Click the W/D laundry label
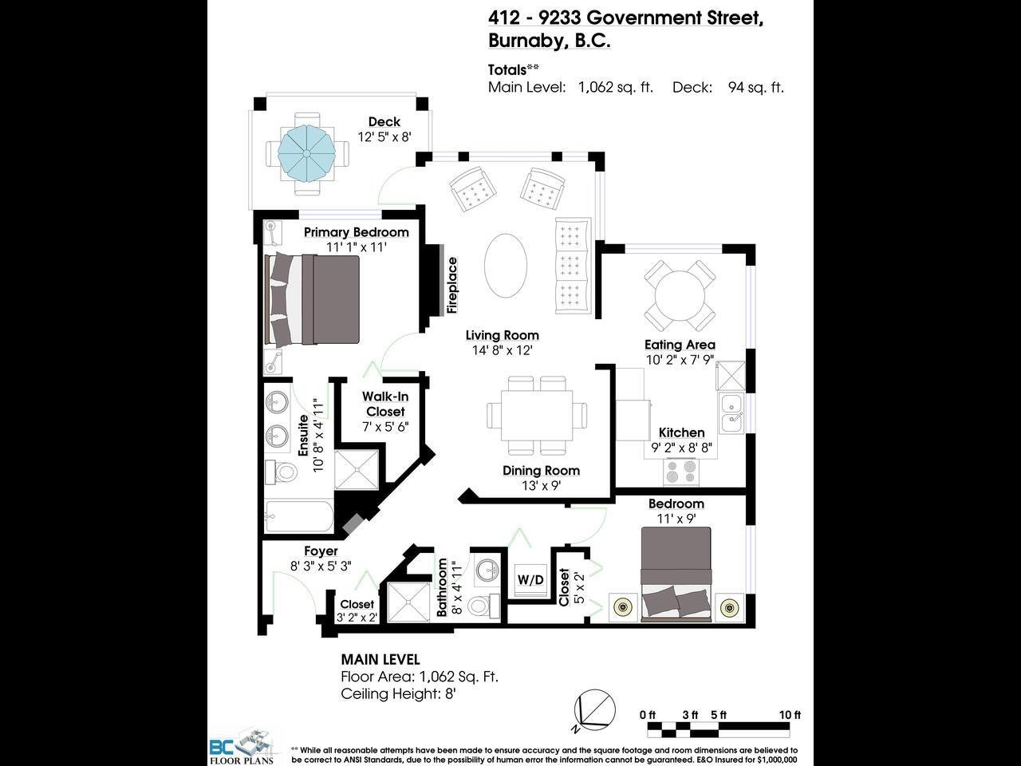530,579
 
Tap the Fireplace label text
452,285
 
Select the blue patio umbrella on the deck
306,153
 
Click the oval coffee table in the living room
506,265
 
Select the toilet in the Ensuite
282,472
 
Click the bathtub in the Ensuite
298,516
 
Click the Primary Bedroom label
357,232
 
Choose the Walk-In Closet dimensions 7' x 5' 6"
385,426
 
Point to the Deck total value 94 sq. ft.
755,87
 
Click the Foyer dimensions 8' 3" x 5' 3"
321,566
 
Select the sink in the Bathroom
487,569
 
